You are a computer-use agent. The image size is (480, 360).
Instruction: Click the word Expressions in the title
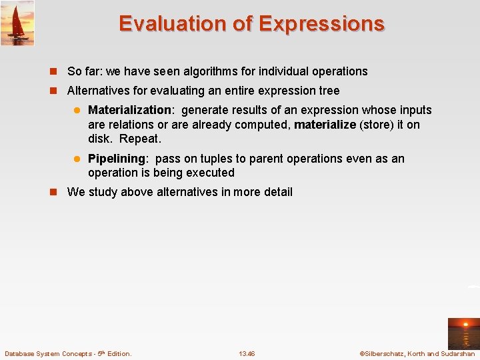click(x=321, y=24)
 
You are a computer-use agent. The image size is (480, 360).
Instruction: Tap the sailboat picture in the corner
click(x=17, y=23)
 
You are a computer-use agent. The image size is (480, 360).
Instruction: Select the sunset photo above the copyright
click(x=463, y=333)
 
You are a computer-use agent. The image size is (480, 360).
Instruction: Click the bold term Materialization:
click(x=131, y=110)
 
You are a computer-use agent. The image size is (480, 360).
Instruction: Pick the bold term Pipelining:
click(x=117, y=159)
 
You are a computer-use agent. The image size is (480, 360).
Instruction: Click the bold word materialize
click(x=325, y=125)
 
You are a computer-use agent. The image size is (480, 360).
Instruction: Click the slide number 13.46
click(x=247, y=353)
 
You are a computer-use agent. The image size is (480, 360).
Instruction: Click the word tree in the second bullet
click(x=329, y=91)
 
